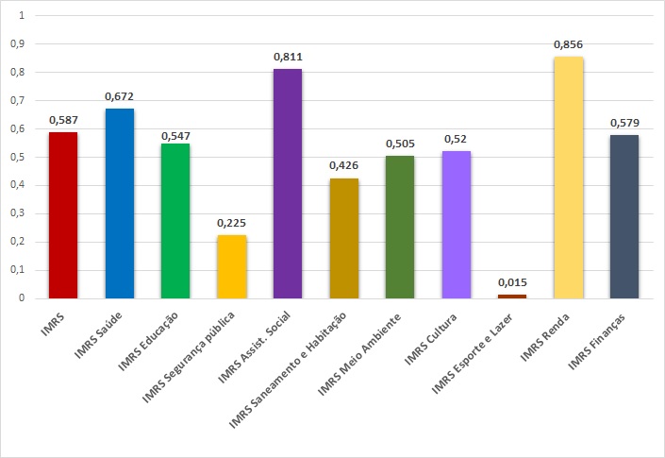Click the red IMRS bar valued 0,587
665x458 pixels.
click(x=62, y=215)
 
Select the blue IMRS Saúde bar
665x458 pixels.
click(x=119, y=203)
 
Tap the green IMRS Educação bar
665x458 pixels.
click(x=175, y=221)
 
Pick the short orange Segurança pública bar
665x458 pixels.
click(x=231, y=266)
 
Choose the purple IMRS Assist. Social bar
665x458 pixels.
click(x=288, y=183)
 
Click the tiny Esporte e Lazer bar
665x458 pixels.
click(x=512, y=297)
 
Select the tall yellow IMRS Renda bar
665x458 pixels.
click(x=569, y=178)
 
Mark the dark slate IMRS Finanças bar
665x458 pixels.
click(x=624, y=216)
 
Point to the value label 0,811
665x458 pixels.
click(x=288, y=58)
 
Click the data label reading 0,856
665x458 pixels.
click(x=569, y=44)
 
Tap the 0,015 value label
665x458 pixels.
click(x=512, y=282)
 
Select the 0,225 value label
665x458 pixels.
click(x=231, y=223)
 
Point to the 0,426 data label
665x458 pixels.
click(x=344, y=166)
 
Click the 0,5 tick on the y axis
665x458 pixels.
click(x=19, y=157)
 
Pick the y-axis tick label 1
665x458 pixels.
click(x=22, y=16)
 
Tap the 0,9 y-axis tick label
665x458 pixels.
click(x=19, y=44)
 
